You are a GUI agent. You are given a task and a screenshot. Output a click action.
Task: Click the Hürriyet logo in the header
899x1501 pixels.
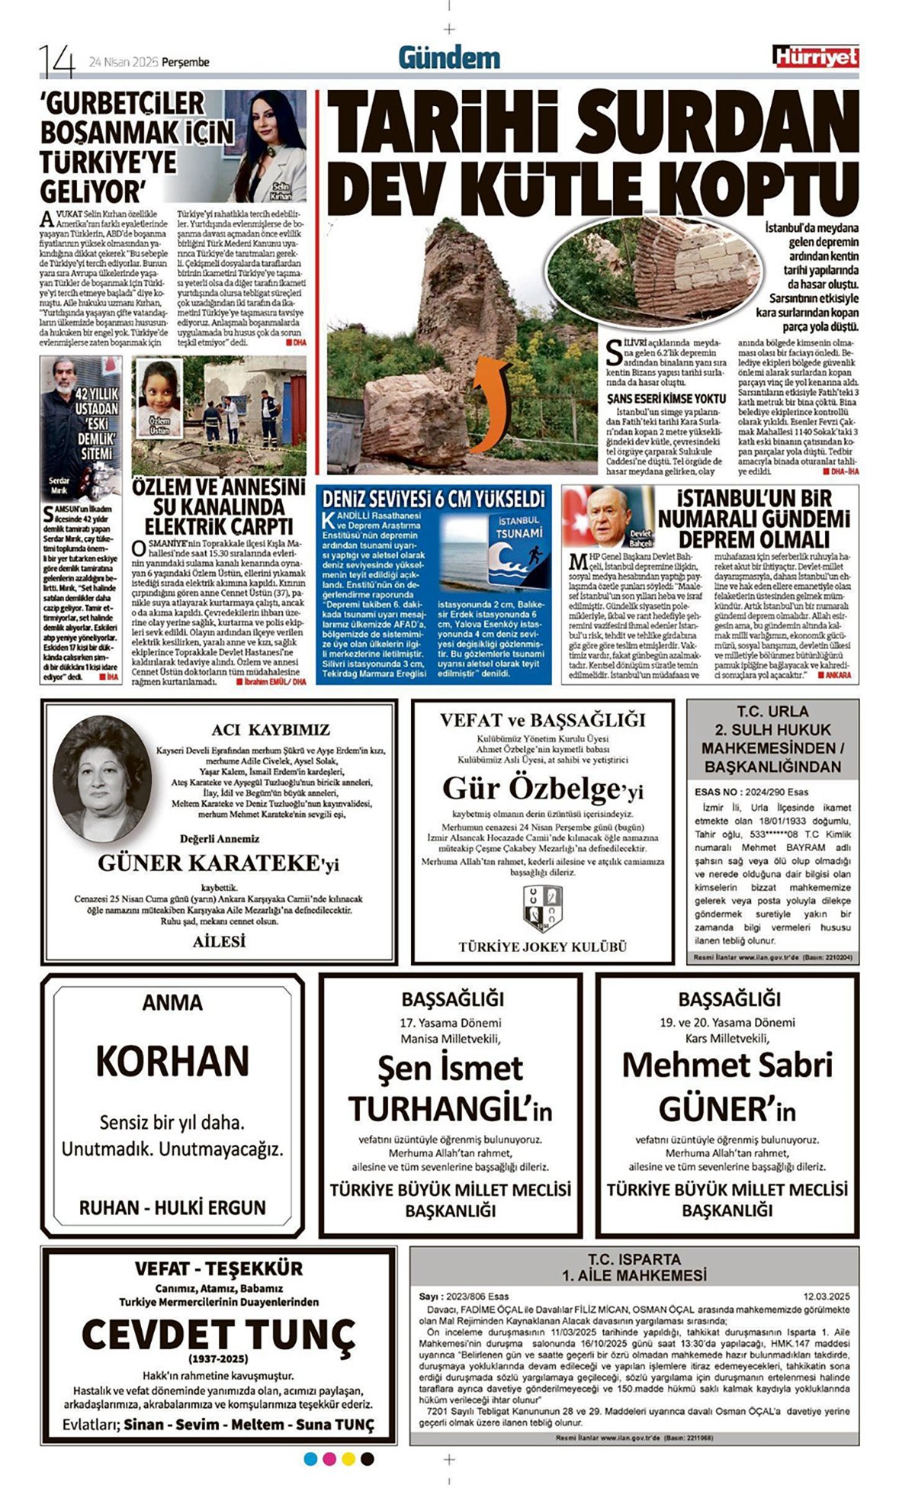[814, 56]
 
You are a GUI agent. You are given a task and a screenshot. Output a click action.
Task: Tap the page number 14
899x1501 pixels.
[57, 61]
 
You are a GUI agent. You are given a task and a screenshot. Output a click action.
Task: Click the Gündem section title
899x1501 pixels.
[449, 57]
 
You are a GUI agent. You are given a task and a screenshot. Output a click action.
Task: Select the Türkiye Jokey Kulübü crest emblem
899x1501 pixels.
[542, 908]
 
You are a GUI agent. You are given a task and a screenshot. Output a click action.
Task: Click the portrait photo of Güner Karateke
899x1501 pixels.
[101, 778]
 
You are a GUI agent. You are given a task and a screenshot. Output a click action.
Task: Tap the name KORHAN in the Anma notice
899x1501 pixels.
[172, 1060]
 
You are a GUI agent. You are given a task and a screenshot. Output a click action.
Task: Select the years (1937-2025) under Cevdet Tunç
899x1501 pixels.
[218, 1359]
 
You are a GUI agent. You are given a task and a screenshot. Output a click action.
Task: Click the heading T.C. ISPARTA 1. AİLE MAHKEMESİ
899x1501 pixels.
[634, 1266]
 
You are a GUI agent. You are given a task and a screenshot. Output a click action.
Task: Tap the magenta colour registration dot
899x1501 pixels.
[329, 1459]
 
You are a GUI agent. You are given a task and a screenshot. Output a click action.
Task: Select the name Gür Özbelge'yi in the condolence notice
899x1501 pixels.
[542, 789]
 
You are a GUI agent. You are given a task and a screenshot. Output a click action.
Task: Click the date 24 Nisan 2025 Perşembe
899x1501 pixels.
[149, 63]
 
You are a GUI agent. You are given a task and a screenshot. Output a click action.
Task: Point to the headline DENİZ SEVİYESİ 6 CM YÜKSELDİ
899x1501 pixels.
[433, 500]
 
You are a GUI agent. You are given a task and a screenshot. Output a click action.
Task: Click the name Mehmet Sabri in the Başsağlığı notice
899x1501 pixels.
[727, 1065]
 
